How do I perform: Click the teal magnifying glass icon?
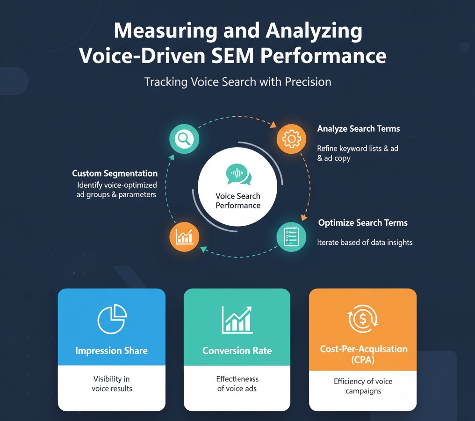point(184,139)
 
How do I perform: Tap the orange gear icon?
point(291,139)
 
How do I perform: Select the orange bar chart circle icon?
point(184,237)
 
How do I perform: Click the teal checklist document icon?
point(291,237)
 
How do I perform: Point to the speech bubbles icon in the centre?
point(238,174)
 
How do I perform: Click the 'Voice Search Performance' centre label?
point(238,201)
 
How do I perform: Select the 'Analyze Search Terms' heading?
point(359,128)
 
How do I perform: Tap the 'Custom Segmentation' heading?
point(115,173)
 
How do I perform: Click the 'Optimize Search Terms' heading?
point(363,223)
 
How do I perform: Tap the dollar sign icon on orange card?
point(363,321)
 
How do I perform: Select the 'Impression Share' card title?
point(112,351)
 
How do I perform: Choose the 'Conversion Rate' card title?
point(237,351)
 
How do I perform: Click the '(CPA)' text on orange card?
point(363,360)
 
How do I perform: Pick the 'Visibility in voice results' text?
point(112,384)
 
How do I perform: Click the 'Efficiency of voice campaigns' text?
point(363,386)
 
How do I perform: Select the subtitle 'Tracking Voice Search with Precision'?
point(237,82)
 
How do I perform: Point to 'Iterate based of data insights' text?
point(365,243)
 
